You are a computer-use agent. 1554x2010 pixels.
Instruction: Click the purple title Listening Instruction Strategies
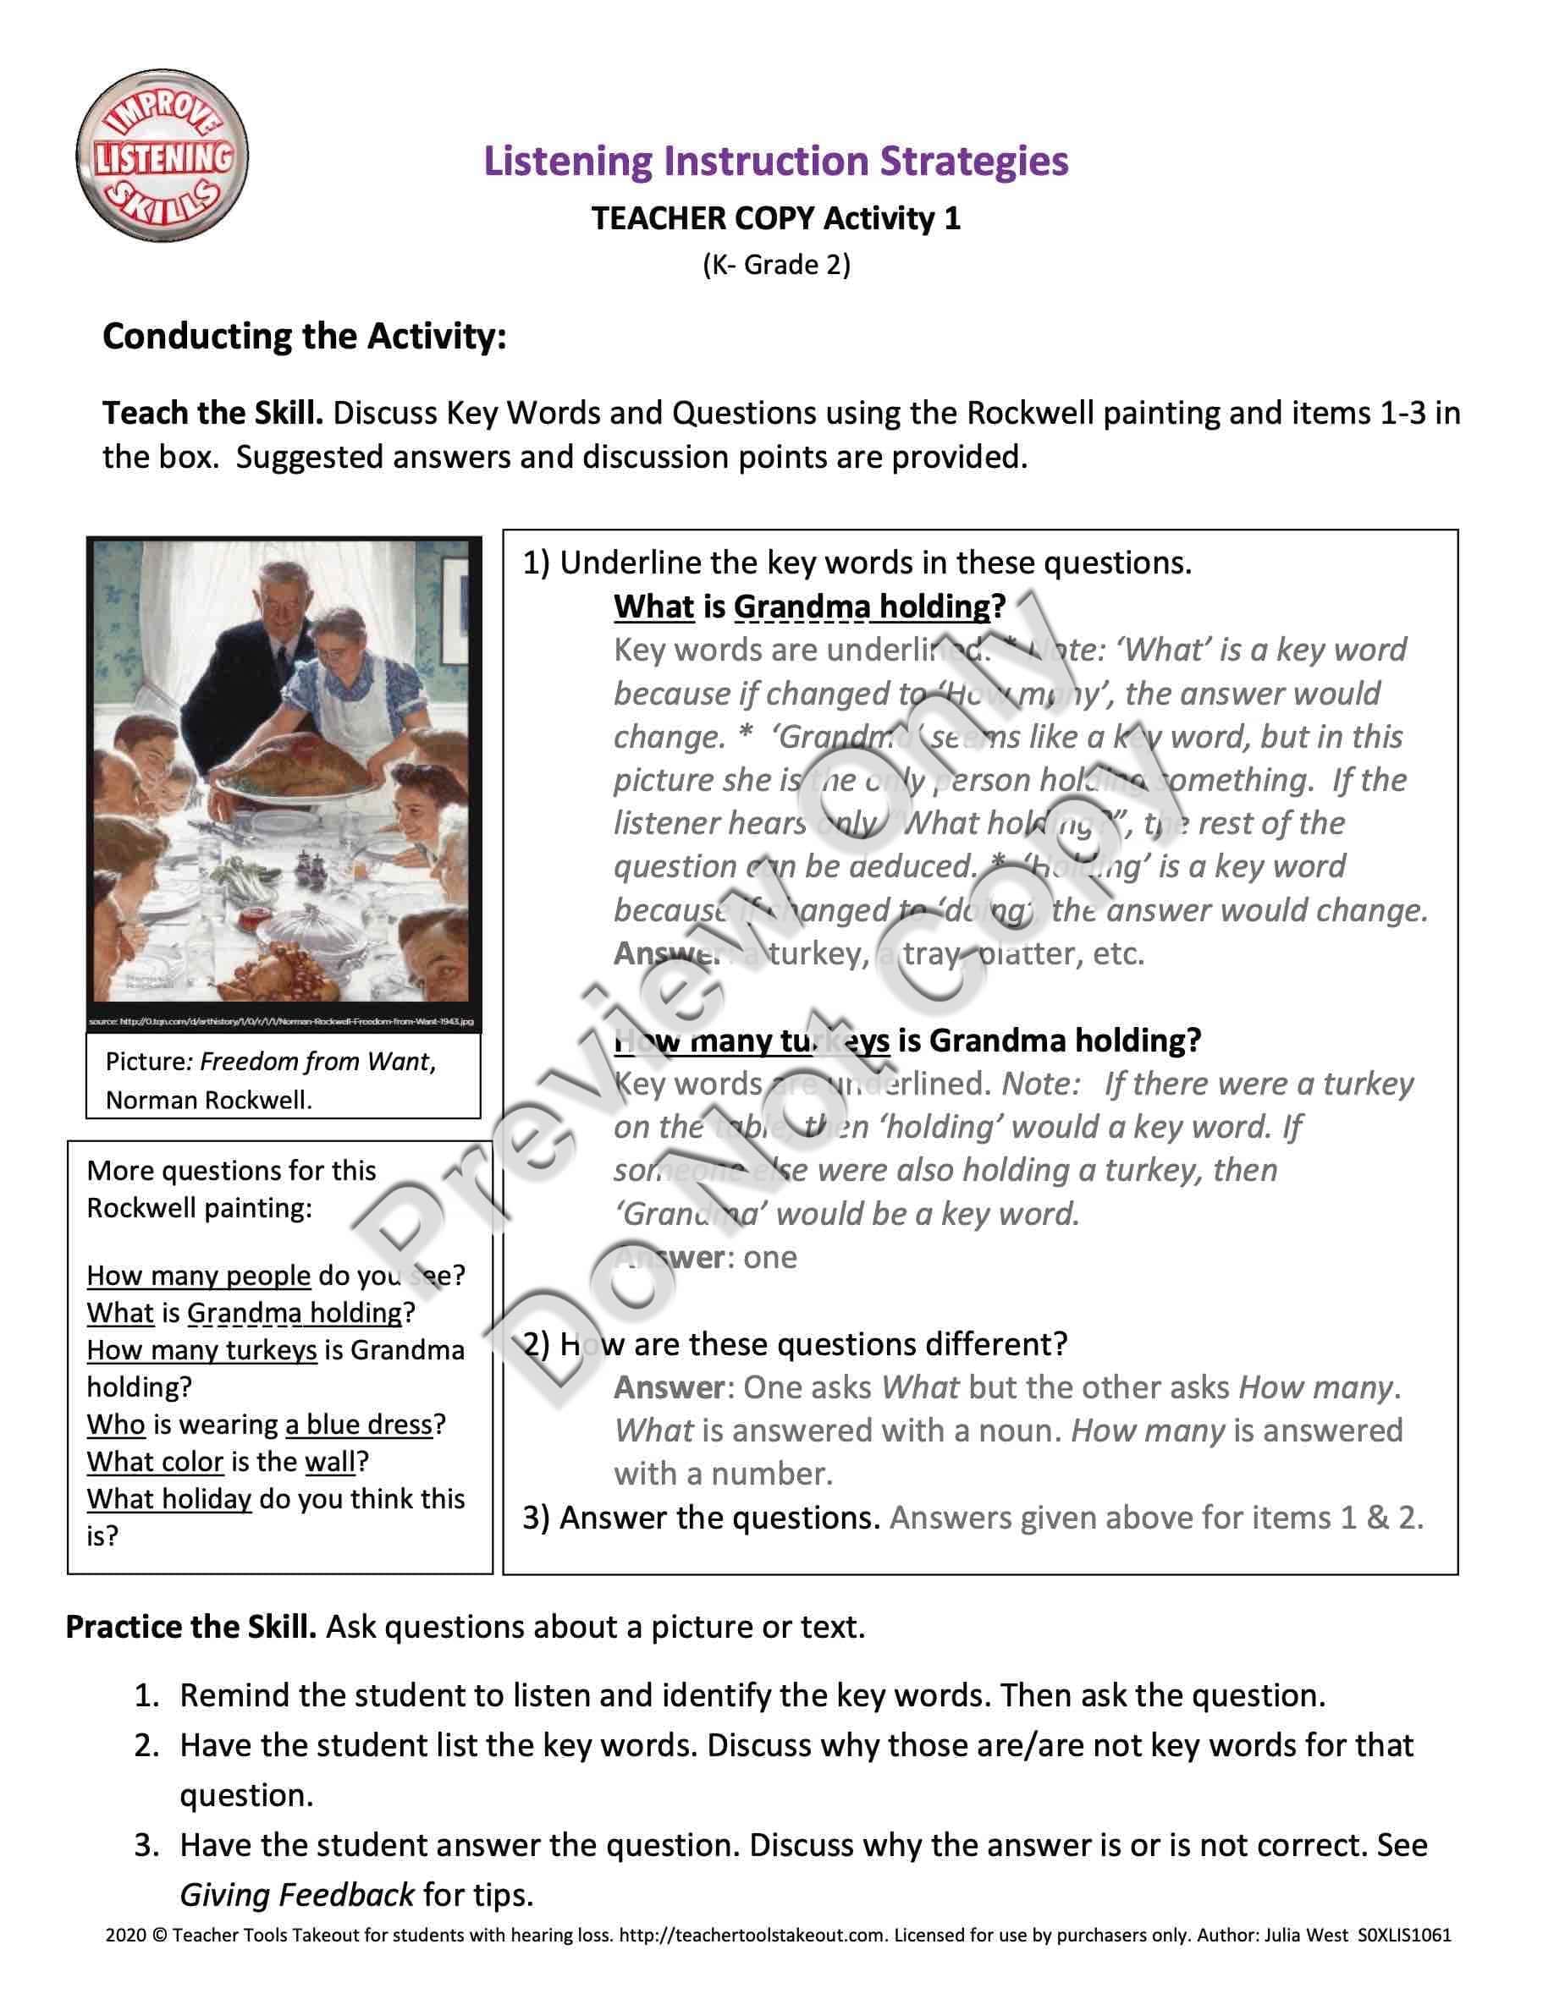775,161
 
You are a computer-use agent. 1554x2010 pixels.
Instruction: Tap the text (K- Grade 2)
776,265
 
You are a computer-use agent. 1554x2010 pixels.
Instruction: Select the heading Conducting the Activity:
304,336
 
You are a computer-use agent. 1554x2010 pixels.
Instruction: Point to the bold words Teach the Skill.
212,413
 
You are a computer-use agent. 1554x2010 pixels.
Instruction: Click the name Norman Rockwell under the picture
208,1100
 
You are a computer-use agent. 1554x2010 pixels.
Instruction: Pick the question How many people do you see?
276,1276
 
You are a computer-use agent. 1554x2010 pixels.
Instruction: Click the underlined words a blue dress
359,1425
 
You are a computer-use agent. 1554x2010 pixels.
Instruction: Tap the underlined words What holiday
168,1499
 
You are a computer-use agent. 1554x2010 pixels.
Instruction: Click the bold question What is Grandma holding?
809,607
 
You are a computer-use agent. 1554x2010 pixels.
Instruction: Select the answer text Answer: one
704,1257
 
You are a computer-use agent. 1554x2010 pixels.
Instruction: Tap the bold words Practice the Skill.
190,1627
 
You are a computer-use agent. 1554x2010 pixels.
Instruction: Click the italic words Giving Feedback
296,1895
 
